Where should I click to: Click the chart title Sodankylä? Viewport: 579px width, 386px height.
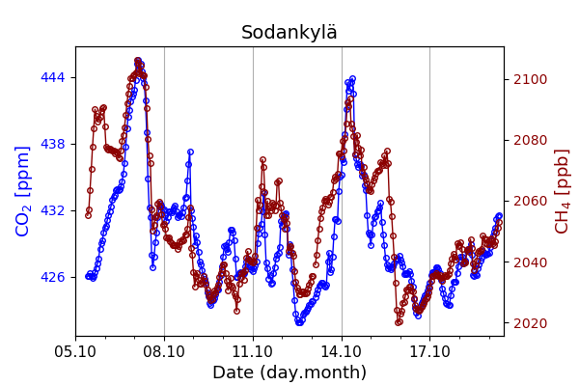(x=289, y=33)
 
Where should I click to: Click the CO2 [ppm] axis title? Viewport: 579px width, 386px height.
(x=23, y=191)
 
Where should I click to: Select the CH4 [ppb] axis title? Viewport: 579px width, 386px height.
(x=563, y=191)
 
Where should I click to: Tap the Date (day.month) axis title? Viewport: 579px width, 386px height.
(x=289, y=372)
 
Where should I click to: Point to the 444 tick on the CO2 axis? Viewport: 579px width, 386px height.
(x=52, y=77)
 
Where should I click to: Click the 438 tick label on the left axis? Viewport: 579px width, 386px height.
(x=52, y=144)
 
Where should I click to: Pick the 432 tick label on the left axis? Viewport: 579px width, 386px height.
(x=52, y=210)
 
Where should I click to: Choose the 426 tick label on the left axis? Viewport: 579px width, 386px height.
(x=52, y=277)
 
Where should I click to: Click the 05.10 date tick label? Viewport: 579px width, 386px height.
(x=75, y=351)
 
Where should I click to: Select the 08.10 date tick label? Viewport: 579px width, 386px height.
(x=164, y=351)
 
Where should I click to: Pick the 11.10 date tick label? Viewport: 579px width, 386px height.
(x=253, y=351)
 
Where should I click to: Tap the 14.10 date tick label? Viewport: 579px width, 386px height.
(x=342, y=351)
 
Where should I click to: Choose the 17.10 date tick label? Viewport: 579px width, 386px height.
(x=429, y=351)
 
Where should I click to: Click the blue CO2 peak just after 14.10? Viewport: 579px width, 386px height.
(x=352, y=79)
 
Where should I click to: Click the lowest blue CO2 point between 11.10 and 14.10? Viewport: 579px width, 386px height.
(x=299, y=321)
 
